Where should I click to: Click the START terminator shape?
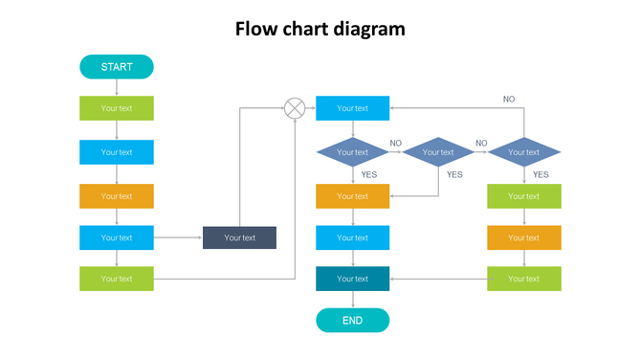(x=116, y=67)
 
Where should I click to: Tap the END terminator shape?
(x=352, y=321)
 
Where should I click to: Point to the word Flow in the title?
(x=256, y=29)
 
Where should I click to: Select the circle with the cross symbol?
(x=295, y=108)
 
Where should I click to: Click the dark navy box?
(x=239, y=237)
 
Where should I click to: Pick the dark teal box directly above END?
(x=352, y=279)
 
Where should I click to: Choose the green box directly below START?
(x=116, y=108)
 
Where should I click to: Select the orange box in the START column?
(x=116, y=196)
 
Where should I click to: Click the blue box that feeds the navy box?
(x=116, y=237)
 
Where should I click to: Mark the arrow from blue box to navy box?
(x=178, y=237)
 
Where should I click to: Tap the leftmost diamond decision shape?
(x=352, y=152)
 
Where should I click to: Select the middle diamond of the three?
(x=438, y=152)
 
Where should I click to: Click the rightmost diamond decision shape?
(x=523, y=152)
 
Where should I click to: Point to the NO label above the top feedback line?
(x=509, y=99)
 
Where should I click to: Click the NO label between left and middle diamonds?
(x=395, y=144)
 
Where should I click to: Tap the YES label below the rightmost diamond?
(x=541, y=174)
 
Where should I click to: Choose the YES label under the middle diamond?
(x=454, y=174)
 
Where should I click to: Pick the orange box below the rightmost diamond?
(x=523, y=237)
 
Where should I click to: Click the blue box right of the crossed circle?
(x=352, y=108)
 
